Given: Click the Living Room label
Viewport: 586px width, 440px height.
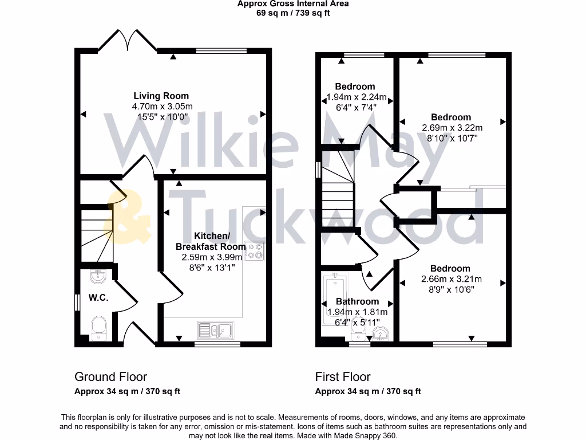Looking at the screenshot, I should click(161, 96).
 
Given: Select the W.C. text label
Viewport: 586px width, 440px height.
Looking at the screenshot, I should click(98, 298).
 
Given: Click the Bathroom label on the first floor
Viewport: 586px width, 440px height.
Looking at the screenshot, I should click(357, 301).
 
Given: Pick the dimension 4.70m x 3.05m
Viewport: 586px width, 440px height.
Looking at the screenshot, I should click(163, 107).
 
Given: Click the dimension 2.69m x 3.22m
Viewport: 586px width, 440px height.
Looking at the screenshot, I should click(452, 128).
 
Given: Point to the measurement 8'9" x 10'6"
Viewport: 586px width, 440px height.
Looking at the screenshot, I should click(451, 289).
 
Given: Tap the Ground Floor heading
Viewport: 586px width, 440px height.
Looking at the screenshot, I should click(110, 377).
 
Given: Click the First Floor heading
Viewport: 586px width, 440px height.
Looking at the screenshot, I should click(343, 377).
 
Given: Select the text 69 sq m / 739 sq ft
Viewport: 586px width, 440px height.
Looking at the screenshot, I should click(293, 13).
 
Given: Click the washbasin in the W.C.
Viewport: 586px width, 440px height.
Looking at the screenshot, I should click(98, 276).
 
